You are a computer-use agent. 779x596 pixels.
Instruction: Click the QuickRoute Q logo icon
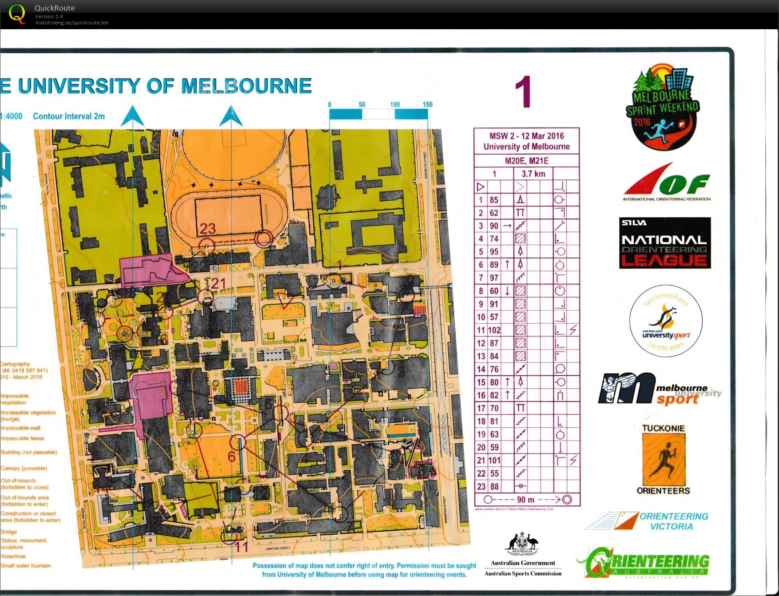tap(17, 14)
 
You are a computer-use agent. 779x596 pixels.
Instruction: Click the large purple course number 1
tap(523, 92)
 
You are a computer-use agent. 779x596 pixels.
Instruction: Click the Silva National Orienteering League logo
tap(665, 243)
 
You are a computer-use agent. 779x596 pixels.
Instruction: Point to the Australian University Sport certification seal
tap(665, 321)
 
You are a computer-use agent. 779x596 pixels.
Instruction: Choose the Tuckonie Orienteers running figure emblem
tap(663, 460)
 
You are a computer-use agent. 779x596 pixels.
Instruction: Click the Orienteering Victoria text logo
tap(673, 521)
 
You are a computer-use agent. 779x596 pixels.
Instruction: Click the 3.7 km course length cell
tap(533, 174)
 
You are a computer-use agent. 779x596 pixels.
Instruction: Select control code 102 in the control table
tap(494, 330)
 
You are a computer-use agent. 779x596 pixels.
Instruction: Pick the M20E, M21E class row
tap(526, 161)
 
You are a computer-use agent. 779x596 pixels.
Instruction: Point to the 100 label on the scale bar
tap(394, 105)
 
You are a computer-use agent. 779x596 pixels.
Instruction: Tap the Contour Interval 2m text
tap(69, 116)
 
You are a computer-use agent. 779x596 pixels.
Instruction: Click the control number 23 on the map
tap(207, 228)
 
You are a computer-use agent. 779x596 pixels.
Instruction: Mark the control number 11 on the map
tap(241, 546)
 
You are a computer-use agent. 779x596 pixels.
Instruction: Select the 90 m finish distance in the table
tap(525, 500)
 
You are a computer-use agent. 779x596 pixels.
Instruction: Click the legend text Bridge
tap(9, 532)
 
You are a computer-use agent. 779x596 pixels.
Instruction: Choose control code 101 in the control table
tap(494, 461)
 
